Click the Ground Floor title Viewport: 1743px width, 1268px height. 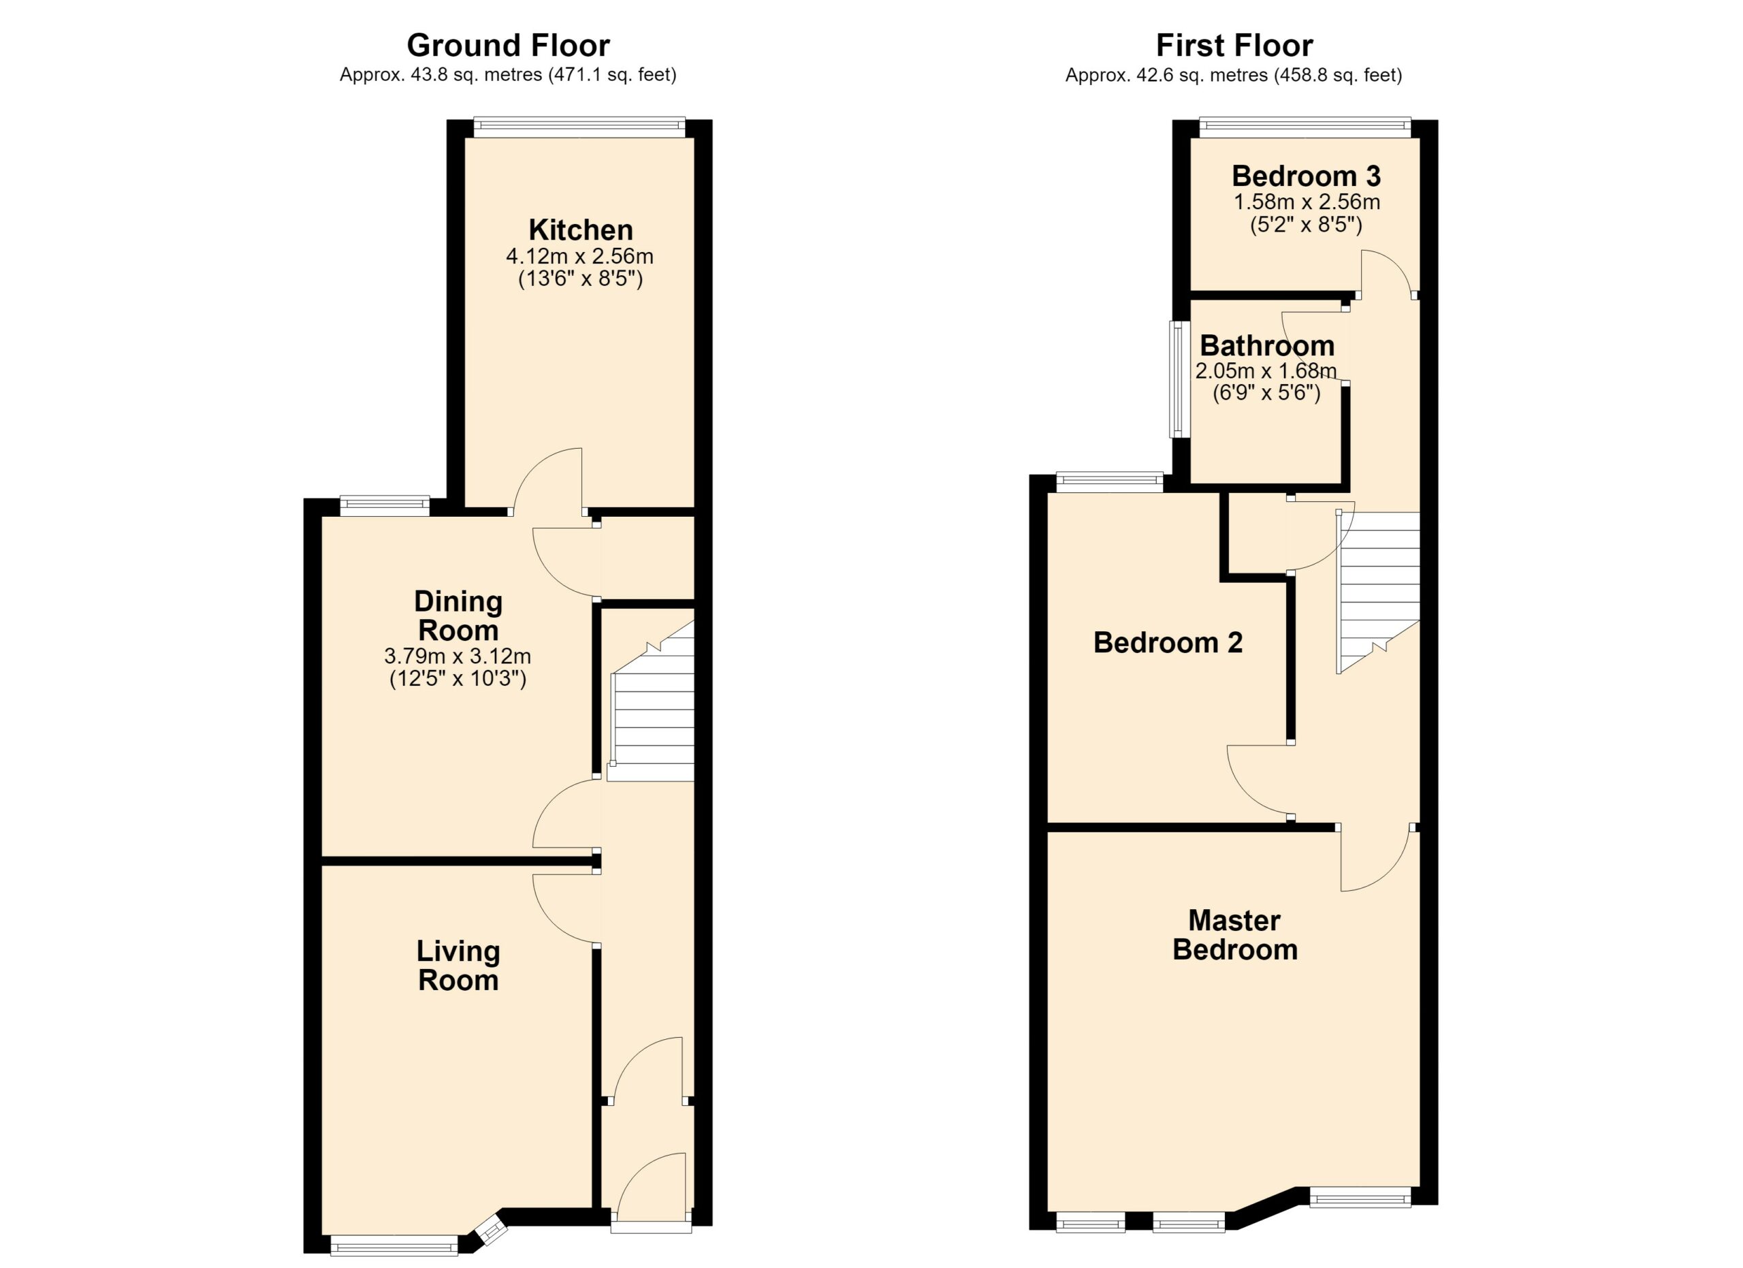click(508, 46)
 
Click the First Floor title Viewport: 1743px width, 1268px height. click(1234, 46)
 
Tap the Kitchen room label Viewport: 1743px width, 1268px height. click(580, 229)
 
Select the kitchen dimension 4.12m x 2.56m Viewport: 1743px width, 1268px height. click(580, 256)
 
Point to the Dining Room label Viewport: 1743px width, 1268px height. click(458, 616)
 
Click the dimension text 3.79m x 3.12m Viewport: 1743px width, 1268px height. click(458, 656)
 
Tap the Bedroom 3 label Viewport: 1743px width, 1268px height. click(1307, 176)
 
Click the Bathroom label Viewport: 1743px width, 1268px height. click(1266, 346)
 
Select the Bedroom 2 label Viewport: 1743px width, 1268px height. click(1168, 642)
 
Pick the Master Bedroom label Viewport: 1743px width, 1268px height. click(1235, 934)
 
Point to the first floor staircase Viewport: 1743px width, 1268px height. click(1379, 592)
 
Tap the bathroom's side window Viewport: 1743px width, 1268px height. click(1180, 379)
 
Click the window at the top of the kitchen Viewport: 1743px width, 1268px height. click(579, 127)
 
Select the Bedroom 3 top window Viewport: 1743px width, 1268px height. click(1305, 127)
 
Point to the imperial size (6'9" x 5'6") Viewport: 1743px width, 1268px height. click(1266, 394)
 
